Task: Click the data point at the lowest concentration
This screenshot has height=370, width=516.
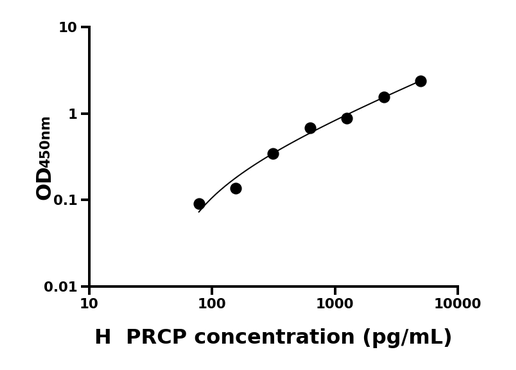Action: (199, 204)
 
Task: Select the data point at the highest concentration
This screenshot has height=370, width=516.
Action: (421, 81)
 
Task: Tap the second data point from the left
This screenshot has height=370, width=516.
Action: (236, 188)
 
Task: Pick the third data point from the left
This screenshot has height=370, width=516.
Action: (273, 154)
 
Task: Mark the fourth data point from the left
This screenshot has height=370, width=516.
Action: (310, 128)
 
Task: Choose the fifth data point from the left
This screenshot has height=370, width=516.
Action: (347, 118)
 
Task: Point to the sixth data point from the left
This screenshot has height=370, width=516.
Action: (384, 97)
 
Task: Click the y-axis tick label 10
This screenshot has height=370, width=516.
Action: (68, 27)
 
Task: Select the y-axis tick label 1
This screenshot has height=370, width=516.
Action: (73, 114)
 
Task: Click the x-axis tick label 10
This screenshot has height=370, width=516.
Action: (89, 304)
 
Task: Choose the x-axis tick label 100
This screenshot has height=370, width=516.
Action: (212, 304)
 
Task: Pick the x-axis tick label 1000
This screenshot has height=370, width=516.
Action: (335, 304)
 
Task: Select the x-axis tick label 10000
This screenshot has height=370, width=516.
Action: (457, 304)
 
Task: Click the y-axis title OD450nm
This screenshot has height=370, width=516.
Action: (44, 158)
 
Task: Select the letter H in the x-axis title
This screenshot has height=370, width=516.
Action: (103, 338)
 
